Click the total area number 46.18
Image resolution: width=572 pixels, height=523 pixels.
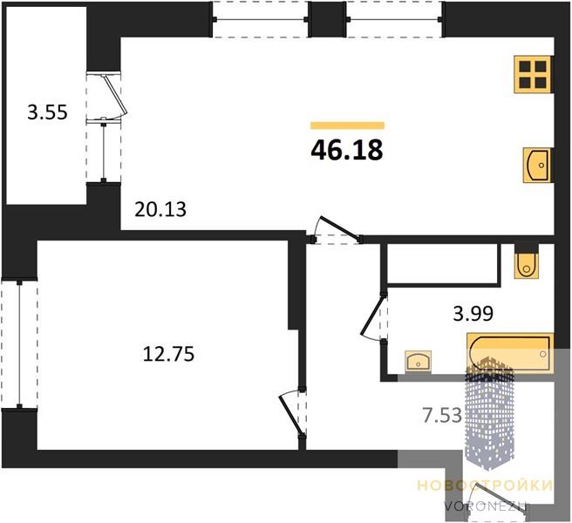point(347,150)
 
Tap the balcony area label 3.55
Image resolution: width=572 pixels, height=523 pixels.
point(47,112)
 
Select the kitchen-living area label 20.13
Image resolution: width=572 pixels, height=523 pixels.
point(160,209)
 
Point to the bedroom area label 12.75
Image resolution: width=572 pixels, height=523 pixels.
point(168,354)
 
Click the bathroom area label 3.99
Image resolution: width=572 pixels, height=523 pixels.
point(473,313)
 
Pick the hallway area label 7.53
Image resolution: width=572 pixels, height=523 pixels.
point(442,416)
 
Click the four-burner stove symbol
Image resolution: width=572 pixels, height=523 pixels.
point(534,74)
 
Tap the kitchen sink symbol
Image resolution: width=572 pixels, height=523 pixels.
point(538,166)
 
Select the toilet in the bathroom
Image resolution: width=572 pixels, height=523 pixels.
point(527,261)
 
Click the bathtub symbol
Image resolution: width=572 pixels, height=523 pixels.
point(510,353)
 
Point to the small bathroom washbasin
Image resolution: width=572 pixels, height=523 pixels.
point(418,362)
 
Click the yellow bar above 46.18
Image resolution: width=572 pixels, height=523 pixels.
point(347,126)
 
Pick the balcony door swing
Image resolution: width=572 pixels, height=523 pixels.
point(114,96)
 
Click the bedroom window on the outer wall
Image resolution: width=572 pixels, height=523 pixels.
point(19,344)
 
